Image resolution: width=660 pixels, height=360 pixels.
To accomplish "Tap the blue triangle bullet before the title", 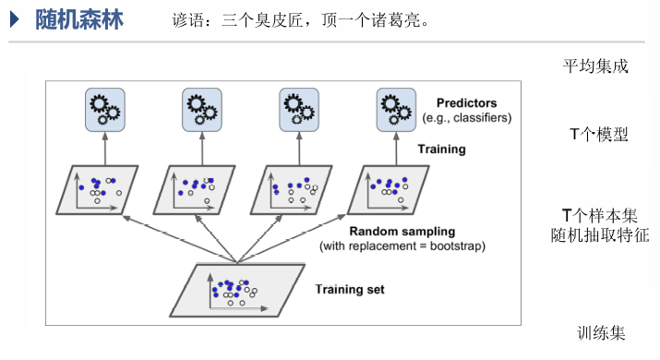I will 16,19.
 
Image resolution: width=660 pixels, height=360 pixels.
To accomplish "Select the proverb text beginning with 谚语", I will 299,20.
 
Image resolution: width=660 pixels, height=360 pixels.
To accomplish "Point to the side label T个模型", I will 598,135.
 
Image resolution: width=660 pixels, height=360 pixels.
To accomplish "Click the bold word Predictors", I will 466,103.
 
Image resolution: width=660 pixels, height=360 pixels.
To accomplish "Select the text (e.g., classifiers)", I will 466,118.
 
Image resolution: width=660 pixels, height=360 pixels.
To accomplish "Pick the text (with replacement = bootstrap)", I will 402,246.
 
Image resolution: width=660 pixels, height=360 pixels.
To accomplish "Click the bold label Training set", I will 350,289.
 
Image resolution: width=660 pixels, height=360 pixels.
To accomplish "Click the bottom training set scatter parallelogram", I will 236,289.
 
